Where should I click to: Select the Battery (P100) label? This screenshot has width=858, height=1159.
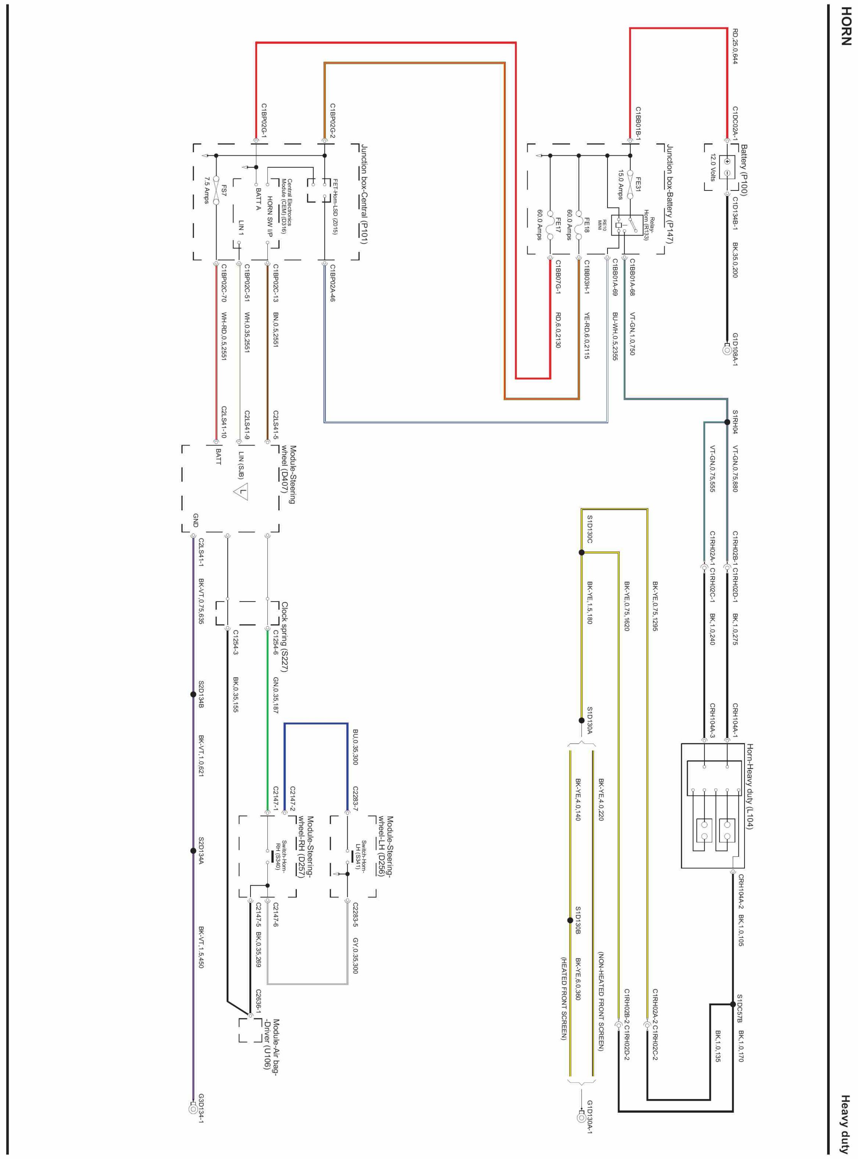(744, 170)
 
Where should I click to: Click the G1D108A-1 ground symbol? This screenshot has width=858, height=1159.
(727, 350)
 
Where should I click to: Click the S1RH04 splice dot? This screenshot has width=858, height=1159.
(727, 422)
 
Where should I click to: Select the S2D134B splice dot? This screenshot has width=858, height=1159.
(193, 694)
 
